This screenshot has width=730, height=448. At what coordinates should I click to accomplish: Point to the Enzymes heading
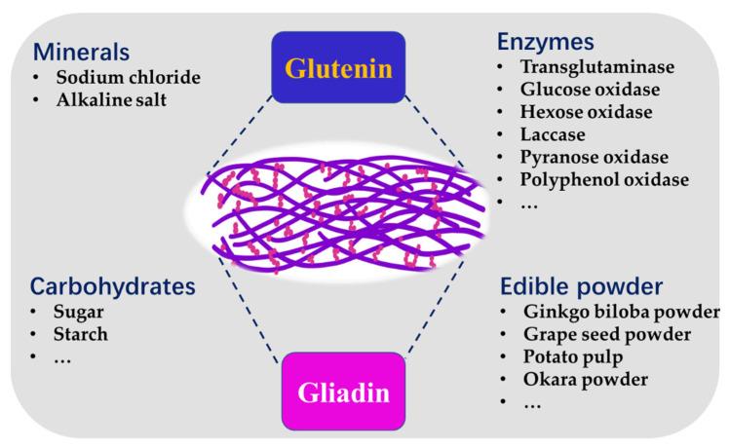click(x=546, y=41)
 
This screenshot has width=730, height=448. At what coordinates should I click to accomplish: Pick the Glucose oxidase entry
click(x=589, y=90)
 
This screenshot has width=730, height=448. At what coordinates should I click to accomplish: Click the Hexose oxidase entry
click(x=587, y=112)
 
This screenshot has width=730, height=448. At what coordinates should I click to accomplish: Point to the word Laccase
click(x=553, y=134)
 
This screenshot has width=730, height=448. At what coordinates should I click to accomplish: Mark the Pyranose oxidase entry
click(x=593, y=157)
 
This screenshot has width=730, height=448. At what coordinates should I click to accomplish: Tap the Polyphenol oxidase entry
click(x=604, y=179)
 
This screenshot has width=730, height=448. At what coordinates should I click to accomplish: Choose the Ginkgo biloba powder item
click(x=620, y=312)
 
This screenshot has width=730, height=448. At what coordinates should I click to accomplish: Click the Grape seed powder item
click(x=605, y=334)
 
